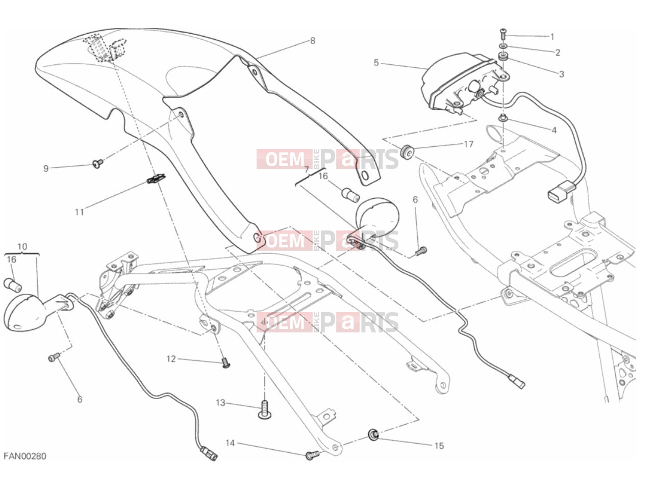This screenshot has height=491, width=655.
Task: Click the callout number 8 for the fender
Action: (312, 41)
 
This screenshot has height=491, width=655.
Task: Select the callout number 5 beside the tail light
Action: (376, 63)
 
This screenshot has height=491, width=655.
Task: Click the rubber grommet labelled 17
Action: (407, 152)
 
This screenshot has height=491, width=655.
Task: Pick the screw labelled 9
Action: (97, 163)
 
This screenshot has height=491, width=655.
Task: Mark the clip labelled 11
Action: (157, 178)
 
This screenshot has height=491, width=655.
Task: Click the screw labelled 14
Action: (312, 455)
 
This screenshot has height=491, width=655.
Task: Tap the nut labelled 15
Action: (373, 434)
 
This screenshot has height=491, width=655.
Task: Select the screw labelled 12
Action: (226, 363)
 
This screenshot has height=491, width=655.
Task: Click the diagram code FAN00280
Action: (25, 456)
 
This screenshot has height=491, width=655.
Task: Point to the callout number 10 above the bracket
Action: (22, 247)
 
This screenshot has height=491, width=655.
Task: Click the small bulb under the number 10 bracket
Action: (13, 285)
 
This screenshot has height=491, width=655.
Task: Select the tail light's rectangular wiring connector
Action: (561, 191)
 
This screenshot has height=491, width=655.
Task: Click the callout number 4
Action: (554, 130)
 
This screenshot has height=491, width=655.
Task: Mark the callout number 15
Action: (439, 446)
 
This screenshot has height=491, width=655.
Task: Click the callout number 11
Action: (79, 212)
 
